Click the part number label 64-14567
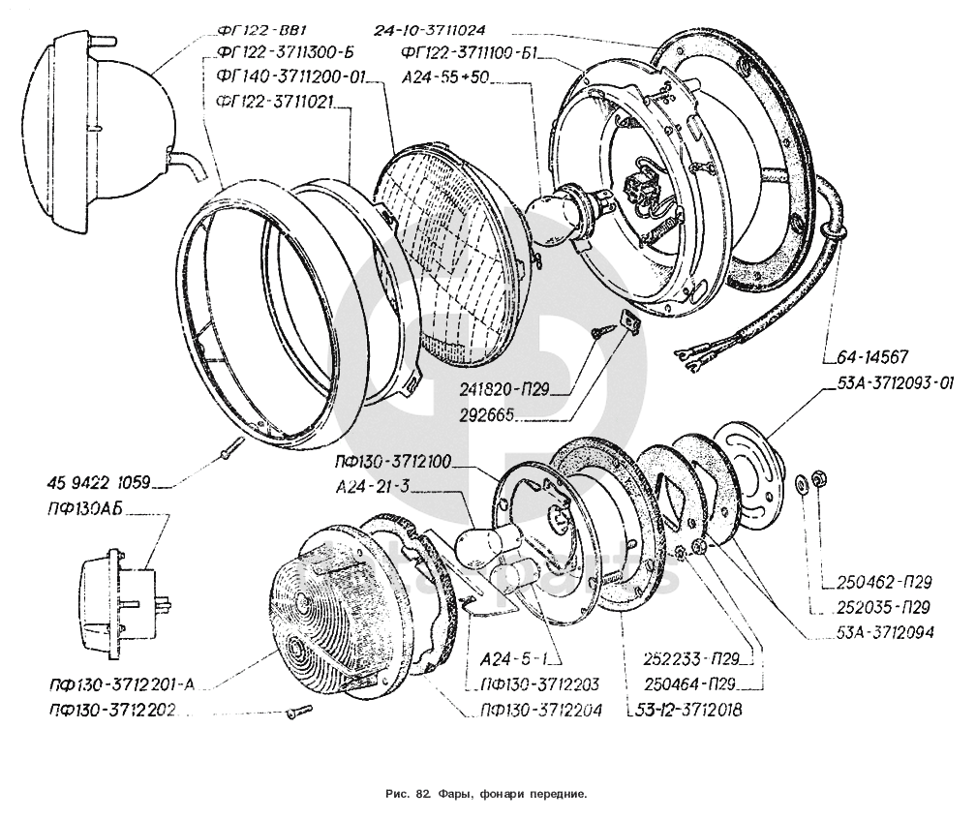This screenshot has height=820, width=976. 872,357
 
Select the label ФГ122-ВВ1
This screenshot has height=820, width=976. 262,31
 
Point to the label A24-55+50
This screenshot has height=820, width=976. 445,76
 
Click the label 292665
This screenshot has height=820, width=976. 487,414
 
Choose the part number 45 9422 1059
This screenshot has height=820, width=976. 99,481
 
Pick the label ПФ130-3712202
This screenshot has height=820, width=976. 112,710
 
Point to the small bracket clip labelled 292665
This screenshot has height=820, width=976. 630,320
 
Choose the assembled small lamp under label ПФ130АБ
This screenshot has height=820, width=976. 123,602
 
